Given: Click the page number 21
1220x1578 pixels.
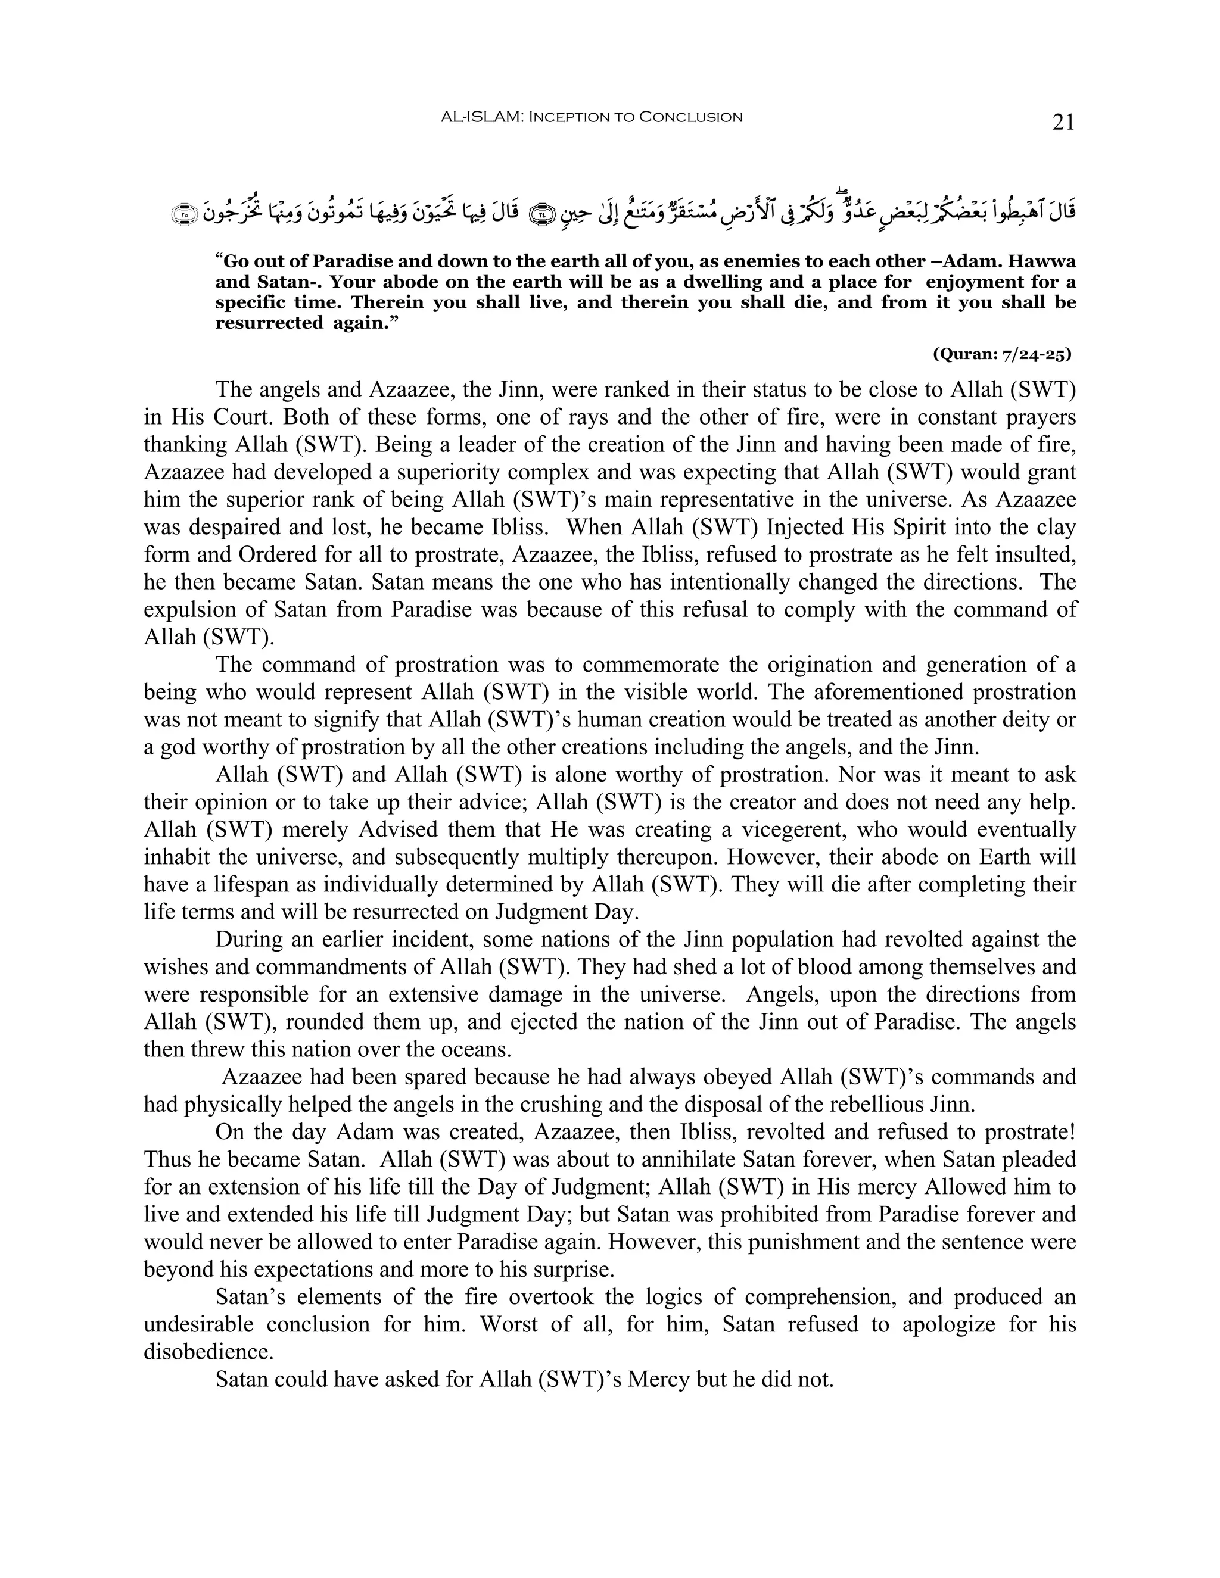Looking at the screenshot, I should tap(1063, 123).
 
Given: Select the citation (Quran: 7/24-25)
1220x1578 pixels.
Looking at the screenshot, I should tap(1002, 354).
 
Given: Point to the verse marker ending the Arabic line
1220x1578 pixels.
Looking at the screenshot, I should tap(183, 214).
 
